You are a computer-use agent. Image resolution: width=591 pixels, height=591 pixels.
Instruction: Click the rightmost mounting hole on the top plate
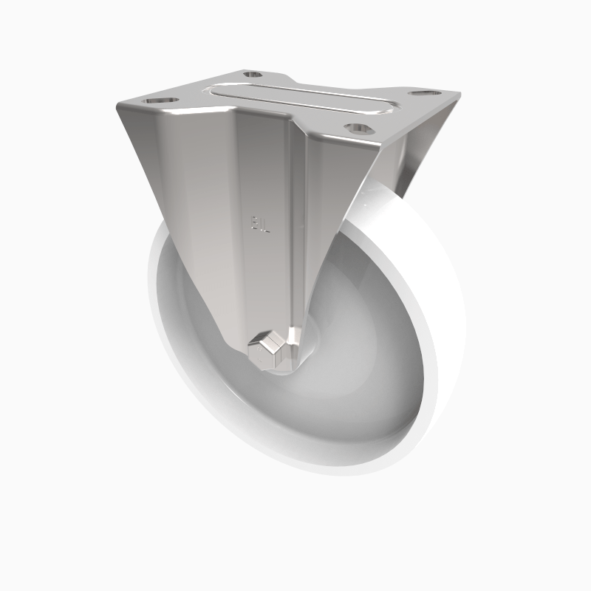pyautogui.click(x=423, y=95)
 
